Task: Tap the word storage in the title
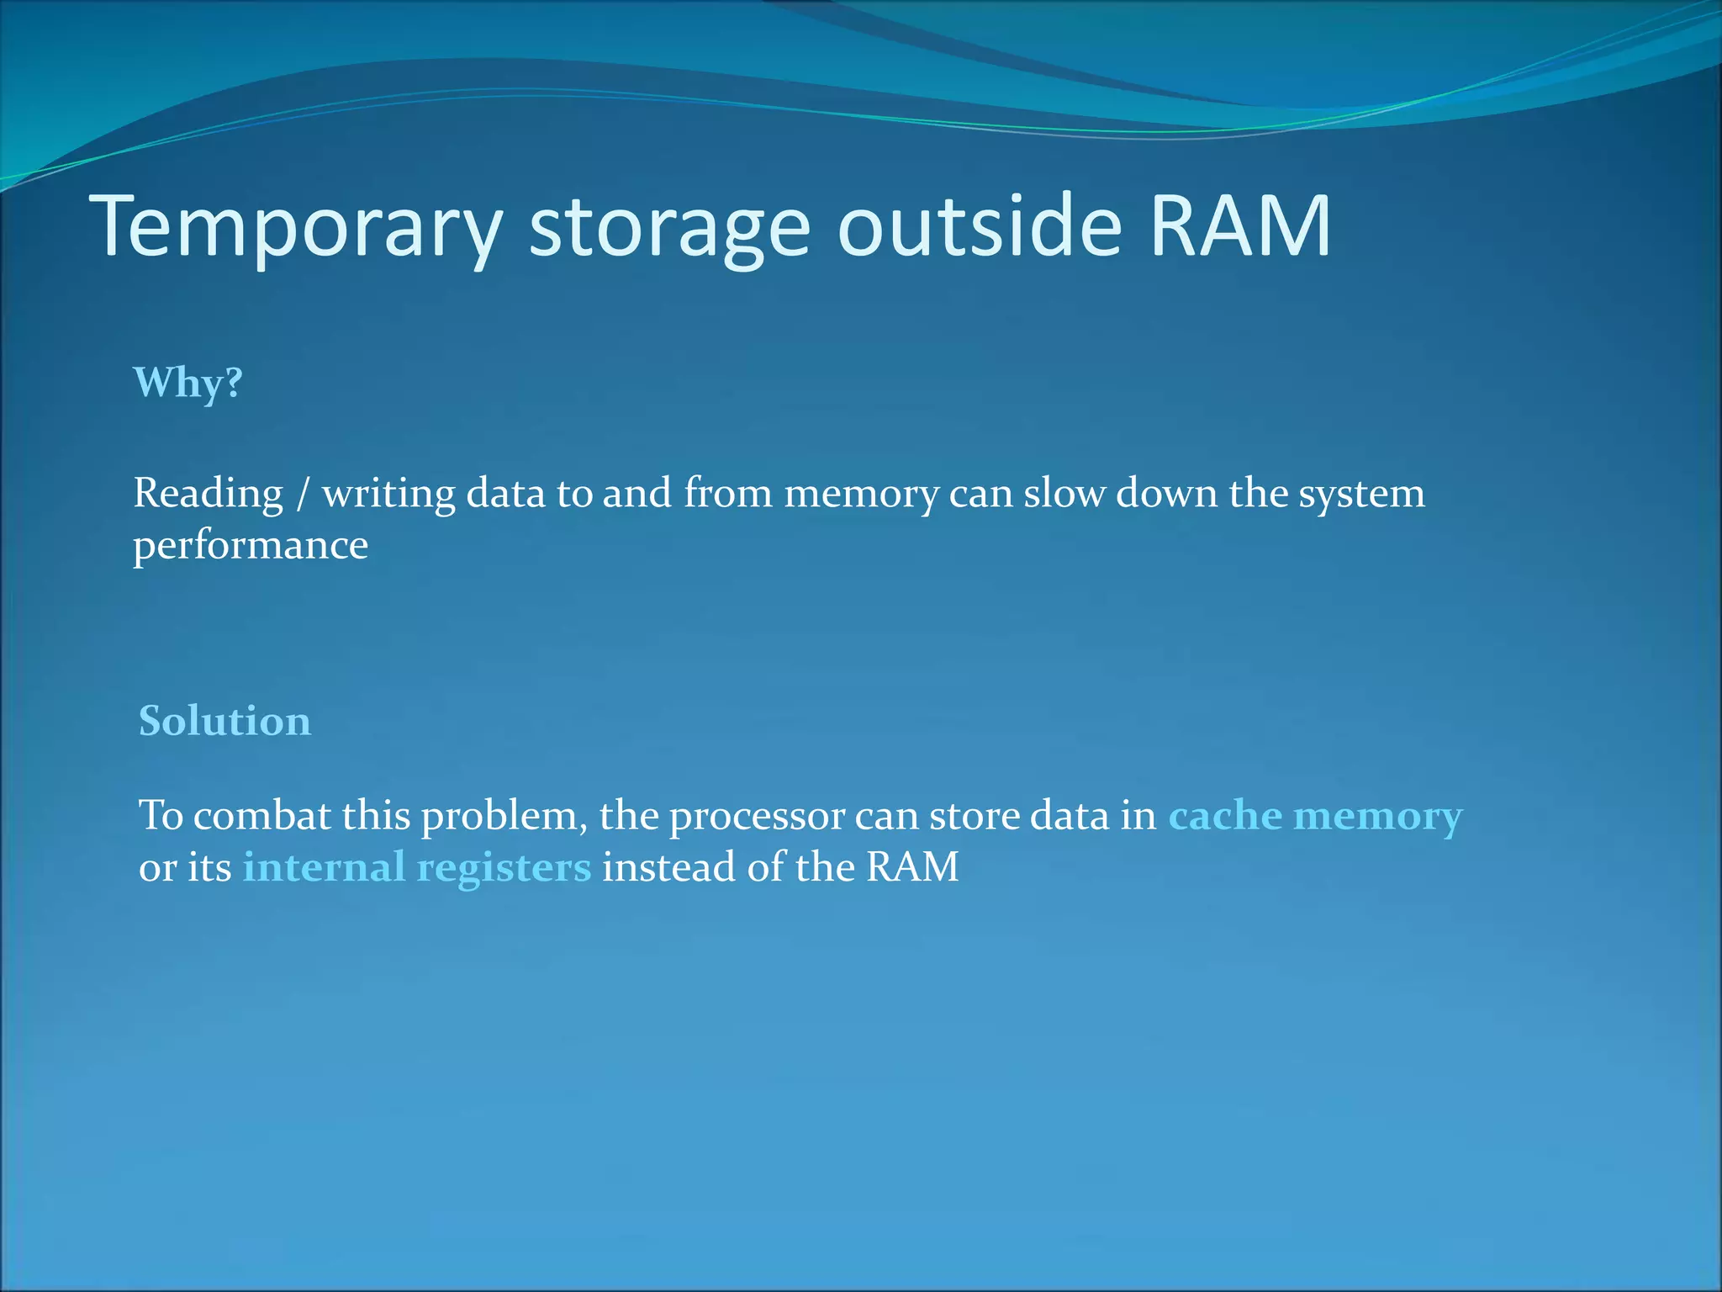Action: point(669,225)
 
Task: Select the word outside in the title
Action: point(979,225)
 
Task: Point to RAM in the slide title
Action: point(1240,225)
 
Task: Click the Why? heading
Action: point(188,383)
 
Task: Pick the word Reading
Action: point(209,494)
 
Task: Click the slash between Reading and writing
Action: point(303,494)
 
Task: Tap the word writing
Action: point(388,494)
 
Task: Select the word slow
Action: point(1064,493)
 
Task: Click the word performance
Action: point(251,545)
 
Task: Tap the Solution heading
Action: point(224,722)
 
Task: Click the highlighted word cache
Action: point(1225,815)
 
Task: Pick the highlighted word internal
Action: point(324,867)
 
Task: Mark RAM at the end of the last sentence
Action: point(912,867)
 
